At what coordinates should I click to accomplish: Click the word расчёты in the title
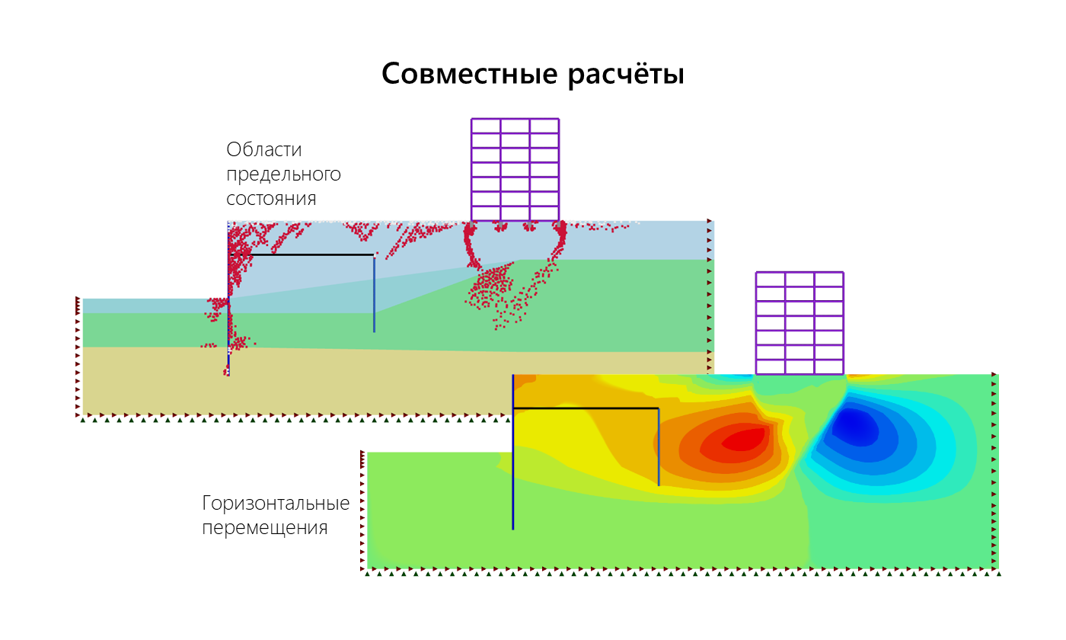pos(626,75)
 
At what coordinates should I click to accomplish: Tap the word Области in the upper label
pos(264,149)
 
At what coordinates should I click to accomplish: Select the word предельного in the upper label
pos(283,174)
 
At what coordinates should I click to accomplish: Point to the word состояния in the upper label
pos(271,199)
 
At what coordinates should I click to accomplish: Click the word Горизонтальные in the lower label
pos(276,504)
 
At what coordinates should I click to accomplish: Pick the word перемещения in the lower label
pos(265,528)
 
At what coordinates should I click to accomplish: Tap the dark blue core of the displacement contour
pos(855,426)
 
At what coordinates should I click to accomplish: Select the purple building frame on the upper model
pos(515,169)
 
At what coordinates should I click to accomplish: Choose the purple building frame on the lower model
pos(799,323)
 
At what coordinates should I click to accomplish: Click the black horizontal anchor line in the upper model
pos(302,254)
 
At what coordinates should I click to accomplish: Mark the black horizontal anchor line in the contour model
pos(586,408)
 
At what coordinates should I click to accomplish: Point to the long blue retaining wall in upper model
pos(228,299)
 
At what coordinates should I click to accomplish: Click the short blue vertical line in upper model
pos(374,294)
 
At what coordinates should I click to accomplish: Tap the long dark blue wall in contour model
pos(513,452)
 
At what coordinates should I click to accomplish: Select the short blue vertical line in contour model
pos(659,446)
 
